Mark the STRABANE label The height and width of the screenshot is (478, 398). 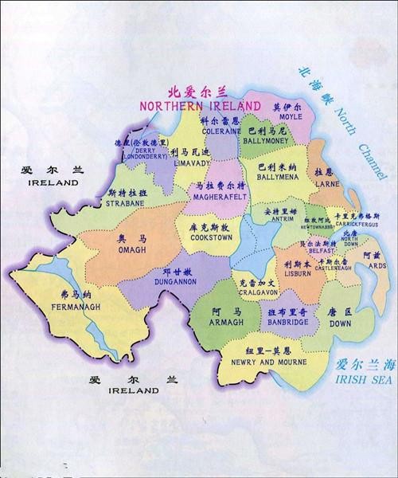(x=127, y=203)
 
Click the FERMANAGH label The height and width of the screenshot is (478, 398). (x=60, y=305)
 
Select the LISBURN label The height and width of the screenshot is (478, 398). (x=298, y=272)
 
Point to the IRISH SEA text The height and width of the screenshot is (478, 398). (x=363, y=381)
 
